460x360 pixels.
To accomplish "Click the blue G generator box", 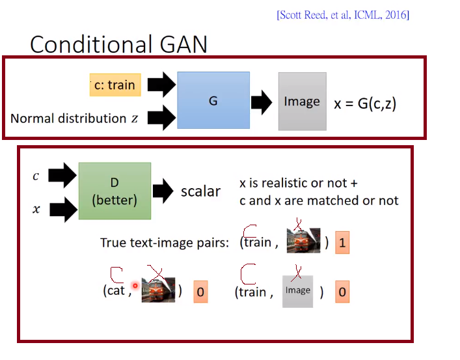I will tap(213, 101).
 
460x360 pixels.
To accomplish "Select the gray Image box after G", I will tap(302, 101).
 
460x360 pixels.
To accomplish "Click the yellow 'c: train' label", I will tap(115, 85).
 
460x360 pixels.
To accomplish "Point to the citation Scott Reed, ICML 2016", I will tap(343, 15).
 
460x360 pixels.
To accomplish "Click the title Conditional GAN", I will tap(118, 44).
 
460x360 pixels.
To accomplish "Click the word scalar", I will tap(200, 191).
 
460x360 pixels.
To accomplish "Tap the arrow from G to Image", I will tap(262, 102).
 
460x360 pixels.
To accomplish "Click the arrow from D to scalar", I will tap(163, 191).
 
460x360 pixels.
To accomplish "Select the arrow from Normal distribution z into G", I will tap(161, 118).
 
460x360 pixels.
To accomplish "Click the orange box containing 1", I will tap(343, 243).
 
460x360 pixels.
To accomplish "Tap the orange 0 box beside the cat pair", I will tap(200, 292).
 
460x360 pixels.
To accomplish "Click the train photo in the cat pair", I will tap(158, 290).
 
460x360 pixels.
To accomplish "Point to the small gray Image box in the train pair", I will tap(297, 290).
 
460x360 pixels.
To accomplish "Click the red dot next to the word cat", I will tap(135, 285).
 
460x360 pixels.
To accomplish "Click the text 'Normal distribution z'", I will tap(74, 118).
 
